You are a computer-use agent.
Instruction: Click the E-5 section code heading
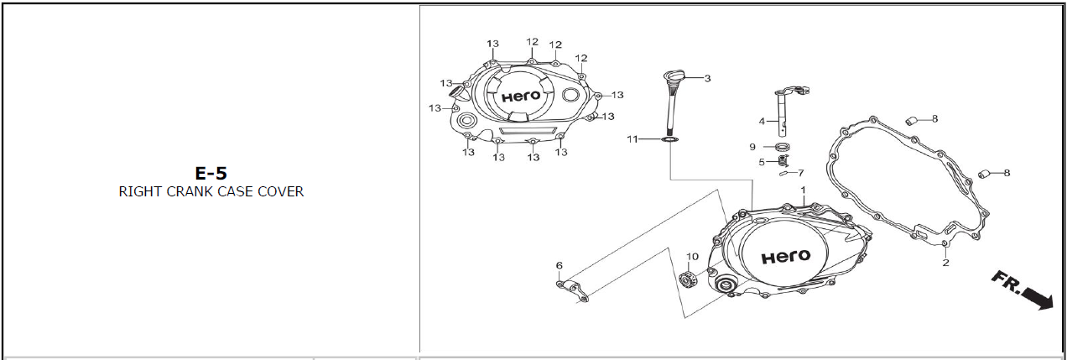211,173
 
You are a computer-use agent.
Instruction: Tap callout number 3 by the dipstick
707,78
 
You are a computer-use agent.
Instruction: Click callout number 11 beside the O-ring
632,139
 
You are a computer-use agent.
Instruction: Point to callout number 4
762,122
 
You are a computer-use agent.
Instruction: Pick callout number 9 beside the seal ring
752,147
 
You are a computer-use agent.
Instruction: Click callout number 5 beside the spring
762,162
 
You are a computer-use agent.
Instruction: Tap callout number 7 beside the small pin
801,173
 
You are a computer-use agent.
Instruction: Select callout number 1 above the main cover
803,190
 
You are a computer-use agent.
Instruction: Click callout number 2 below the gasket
945,263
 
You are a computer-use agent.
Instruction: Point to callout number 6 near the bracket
560,265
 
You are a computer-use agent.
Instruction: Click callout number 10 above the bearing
692,257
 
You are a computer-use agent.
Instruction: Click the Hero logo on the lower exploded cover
785,257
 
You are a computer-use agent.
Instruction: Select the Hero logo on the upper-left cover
522,97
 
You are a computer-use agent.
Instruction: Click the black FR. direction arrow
1023,290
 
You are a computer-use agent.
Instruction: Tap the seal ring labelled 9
782,146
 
